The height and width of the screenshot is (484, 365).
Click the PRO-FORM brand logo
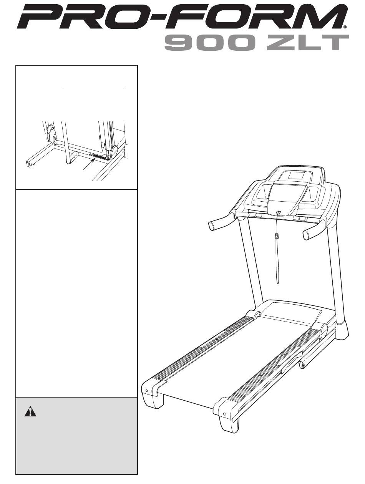(x=181, y=17)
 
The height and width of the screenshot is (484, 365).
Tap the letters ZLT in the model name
(x=307, y=43)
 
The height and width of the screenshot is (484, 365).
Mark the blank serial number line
(x=93, y=87)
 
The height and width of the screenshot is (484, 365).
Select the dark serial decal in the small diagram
(x=98, y=156)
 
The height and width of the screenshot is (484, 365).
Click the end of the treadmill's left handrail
(x=211, y=226)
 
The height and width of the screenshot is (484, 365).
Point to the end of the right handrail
(x=307, y=235)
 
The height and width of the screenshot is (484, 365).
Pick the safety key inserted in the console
(x=278, y=212)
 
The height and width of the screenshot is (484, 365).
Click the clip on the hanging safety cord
(x=277, y=236)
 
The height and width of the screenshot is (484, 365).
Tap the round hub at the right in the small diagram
(x=114, y=152)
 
